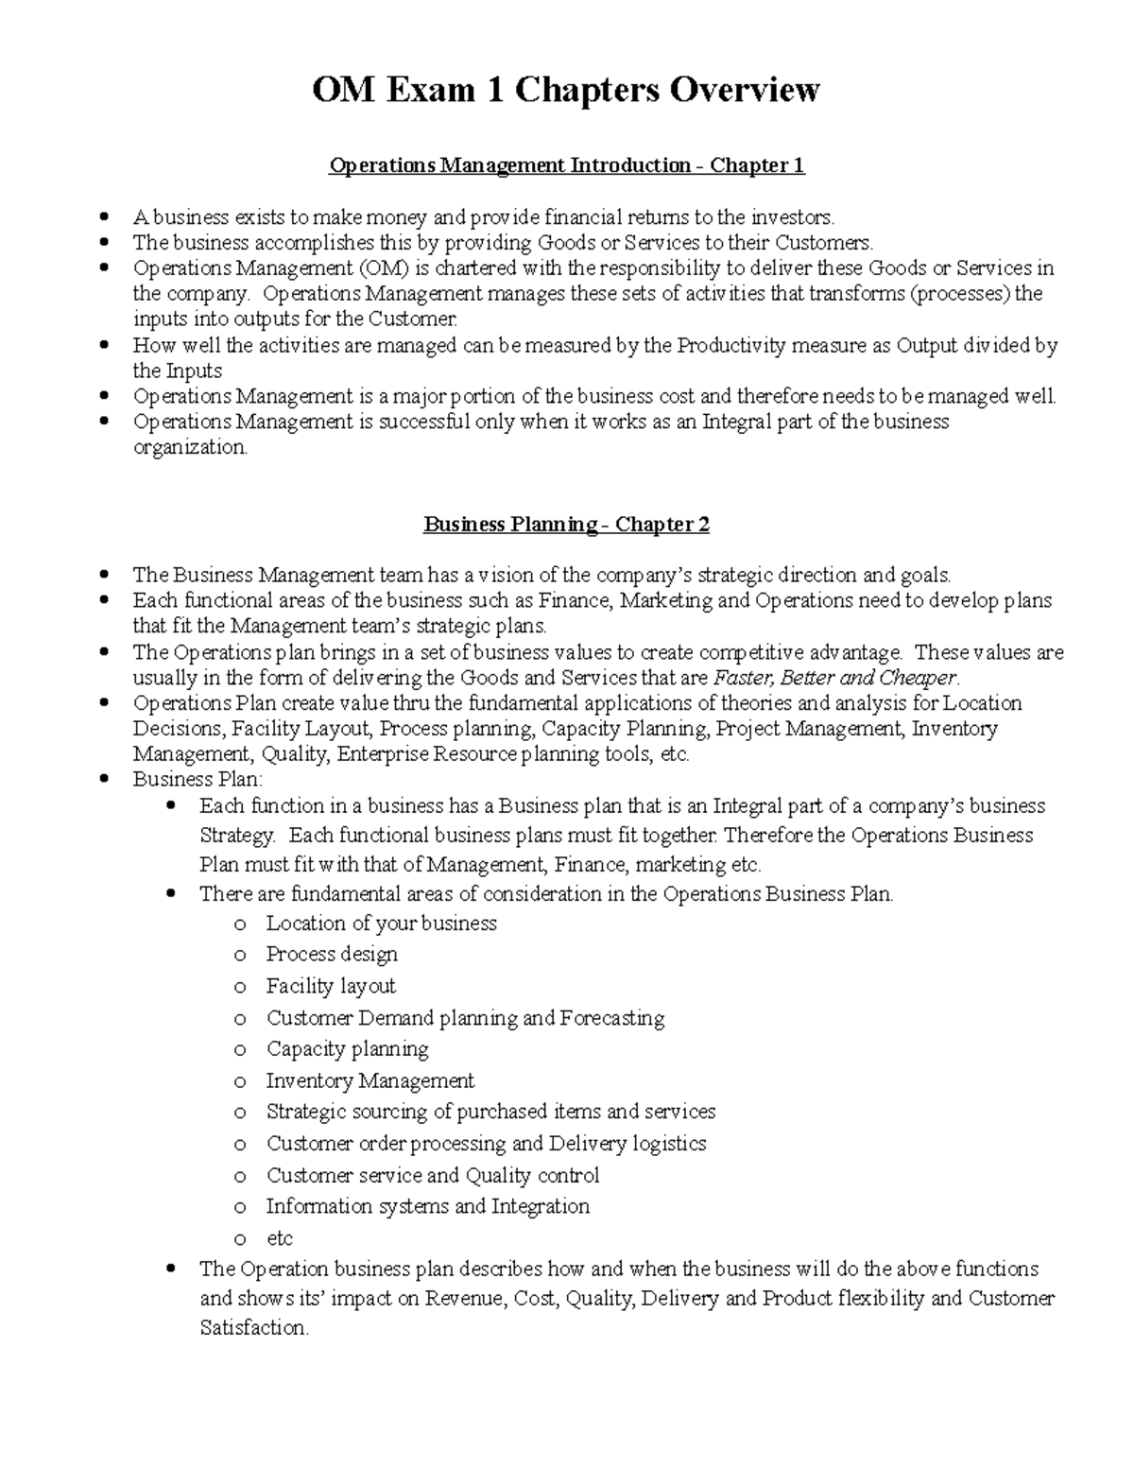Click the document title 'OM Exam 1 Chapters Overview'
[x=566, y=91]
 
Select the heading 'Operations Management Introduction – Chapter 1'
[x=566, y=166]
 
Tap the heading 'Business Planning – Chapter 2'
[x=566, y=525]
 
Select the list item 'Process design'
[x=332, y=954]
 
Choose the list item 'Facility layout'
[x=331, y=986]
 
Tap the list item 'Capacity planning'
[x=347, y=1049]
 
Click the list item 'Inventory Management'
[x=369, y=1080]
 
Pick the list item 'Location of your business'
[x=381, y=924]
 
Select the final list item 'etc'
[x=280, y=1238]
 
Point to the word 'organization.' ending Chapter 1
[x=190, y=448]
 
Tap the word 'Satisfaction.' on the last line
[x=254, y=1328]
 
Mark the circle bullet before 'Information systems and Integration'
[x=240, y=1208]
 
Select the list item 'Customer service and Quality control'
[x=433, y=1176]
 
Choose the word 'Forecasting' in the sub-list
[x=611, y=1018]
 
